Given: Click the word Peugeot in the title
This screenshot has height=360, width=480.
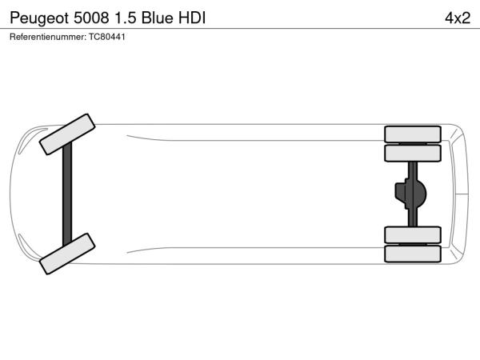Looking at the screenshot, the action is pyautogui.click(x=39, y=18).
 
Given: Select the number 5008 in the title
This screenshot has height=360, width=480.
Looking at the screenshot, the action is pyautogui.click(x=91, y=18).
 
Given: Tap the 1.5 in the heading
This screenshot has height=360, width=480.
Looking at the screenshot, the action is pyautogui.click(x=125, y=18).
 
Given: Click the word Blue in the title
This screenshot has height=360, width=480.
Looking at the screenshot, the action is pyautogui.click(x=158, y=18).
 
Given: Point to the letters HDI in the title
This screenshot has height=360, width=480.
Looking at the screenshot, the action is pyautogui.click(x=192, y=18).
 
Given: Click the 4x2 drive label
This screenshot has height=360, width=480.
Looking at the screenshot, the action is pyautogui.click(x=458, y=18).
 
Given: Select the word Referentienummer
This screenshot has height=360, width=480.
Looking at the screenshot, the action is pyautogui.click(x=48, y=37).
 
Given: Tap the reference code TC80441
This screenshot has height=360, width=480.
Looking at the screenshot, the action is pyautogui.click(x=107, y=37).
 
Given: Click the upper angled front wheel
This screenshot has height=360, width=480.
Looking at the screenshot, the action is pyautogui.click(x=67, y=134).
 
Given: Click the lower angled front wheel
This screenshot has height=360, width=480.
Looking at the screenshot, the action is pyautogui.click(x=67, y=254).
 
